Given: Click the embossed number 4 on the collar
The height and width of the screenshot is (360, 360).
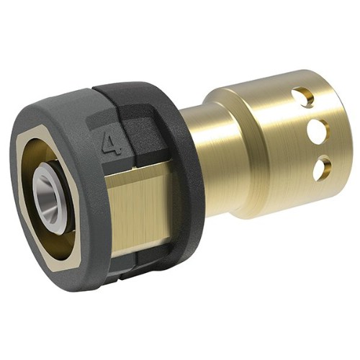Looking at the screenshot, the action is click(111, 143).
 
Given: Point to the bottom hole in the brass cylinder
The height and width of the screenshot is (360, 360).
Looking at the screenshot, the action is click(323, 168).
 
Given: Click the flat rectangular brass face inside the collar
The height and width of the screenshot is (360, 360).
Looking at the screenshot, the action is click(139, 211).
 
